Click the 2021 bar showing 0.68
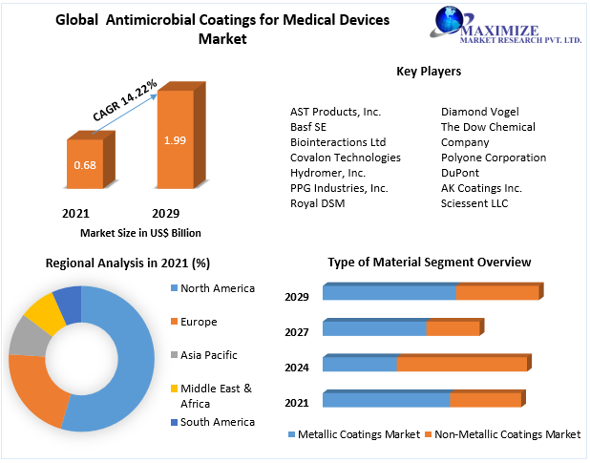tap(83, 167)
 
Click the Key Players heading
tap(429, 72)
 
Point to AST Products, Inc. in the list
tap(335, 112)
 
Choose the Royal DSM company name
tap(318, 203)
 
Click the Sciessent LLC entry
tap(474, 203)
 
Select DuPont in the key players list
tap(460, 173)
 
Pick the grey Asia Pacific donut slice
tap(27, 337)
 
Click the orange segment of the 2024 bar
tap(462, 365)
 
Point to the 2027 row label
tap(296, 331)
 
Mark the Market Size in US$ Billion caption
tap(140, 233)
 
